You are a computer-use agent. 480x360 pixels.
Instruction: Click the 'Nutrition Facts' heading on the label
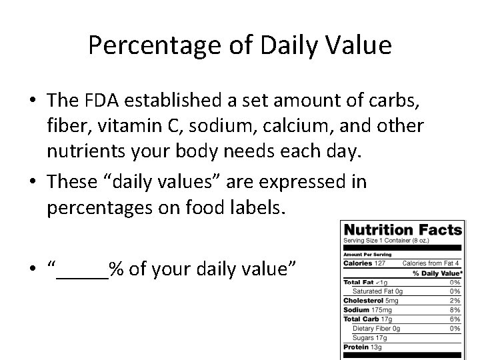click(403, 231)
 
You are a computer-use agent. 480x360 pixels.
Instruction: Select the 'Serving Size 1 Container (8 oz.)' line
click(381, 241)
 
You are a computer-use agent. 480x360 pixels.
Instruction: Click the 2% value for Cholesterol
click(455, 300)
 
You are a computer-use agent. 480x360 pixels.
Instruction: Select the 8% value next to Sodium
click(455, 309)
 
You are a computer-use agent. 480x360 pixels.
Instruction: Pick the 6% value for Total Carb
click(455, 319)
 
